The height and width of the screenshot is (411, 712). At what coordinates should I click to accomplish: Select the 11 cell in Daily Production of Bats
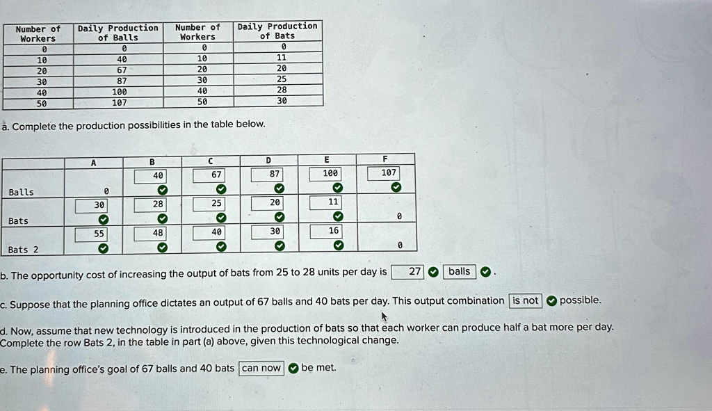pos(281,58)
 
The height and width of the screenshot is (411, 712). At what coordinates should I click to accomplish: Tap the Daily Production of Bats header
pos(277,31)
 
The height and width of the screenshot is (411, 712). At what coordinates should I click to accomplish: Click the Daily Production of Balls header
pos(118,33)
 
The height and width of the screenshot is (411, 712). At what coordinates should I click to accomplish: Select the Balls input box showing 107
pos(389,172)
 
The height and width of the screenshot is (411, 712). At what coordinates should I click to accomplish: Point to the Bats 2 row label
pos(24,250)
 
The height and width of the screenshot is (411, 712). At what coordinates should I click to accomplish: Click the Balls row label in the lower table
pos(21,192)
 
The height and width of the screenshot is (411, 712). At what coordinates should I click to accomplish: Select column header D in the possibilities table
pos(268,160)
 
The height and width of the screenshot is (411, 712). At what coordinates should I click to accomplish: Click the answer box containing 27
pos(408,271)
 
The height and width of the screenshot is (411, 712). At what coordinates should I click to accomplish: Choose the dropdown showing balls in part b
pos(459,271)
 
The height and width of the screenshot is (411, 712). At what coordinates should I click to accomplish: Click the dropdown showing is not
pos(526,300)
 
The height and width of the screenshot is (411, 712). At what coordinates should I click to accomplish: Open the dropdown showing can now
pos(261,368)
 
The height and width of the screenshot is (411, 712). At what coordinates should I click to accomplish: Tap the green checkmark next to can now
pos(293,368)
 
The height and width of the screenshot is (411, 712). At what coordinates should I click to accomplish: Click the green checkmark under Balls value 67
pos(220,188)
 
